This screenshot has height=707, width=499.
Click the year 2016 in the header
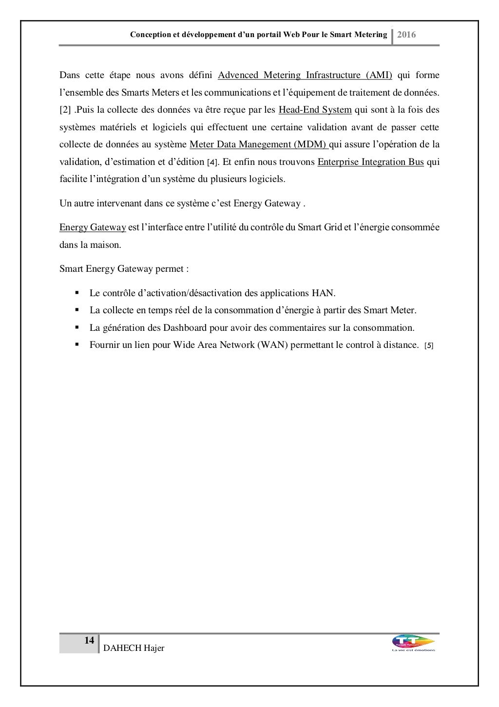406,35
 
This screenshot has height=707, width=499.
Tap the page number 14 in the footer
89,641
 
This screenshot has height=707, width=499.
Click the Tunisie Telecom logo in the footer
413,643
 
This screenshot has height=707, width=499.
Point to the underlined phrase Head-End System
315,110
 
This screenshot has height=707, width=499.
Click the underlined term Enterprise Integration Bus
370,162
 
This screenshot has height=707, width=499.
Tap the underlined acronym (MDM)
310,144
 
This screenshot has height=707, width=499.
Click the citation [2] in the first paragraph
65,110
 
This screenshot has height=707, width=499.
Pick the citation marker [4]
212,162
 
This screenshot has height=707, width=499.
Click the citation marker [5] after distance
429,345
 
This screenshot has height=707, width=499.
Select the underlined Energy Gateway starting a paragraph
93,227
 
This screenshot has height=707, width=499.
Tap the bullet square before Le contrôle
77,293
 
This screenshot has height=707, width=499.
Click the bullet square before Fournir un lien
77,344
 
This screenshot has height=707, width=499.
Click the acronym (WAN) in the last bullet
272,345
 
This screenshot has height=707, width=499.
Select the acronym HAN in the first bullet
323,293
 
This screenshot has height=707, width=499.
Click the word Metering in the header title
370,35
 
